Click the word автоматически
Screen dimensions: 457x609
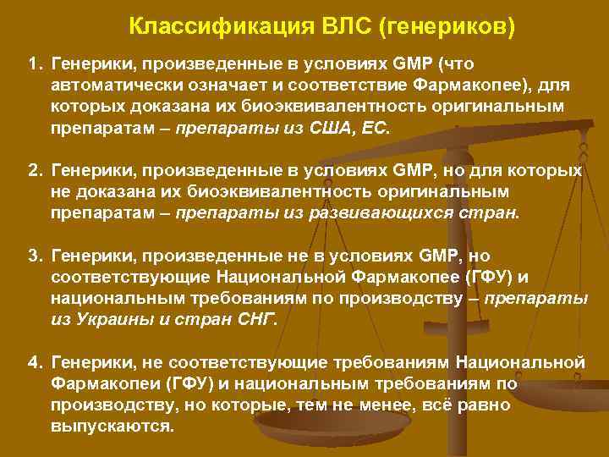click(108, 85)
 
